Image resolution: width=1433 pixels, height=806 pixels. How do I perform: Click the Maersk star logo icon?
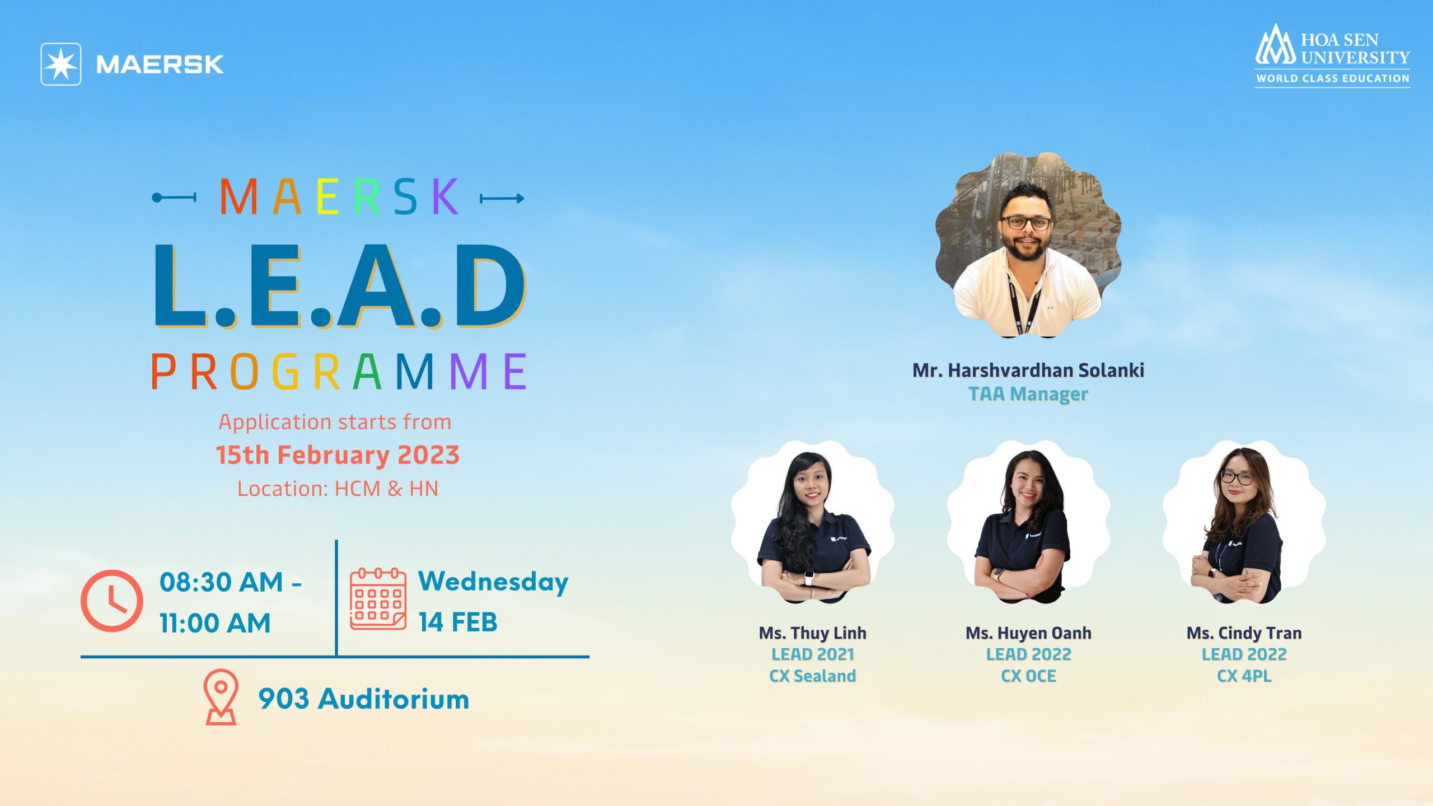coord(61,64)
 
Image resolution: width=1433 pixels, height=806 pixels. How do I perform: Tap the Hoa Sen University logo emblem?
coord(1276,45)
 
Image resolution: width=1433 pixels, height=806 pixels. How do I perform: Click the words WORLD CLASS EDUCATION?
coord(1333,78)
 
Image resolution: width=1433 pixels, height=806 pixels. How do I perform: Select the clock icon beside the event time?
coord(112,601)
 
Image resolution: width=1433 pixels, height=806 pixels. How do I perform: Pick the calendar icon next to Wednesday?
coord(378,599)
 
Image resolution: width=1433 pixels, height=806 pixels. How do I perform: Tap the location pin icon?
coord(221,697)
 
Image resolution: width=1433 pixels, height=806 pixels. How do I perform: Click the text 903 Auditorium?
coord(364,699)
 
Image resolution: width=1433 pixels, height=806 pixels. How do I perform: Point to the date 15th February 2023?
coord(338,454)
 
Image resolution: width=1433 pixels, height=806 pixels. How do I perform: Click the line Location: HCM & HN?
coord(338,489)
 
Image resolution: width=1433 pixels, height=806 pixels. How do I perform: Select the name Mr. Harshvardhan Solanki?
coord(1028,370)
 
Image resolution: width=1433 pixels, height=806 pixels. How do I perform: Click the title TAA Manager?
coord(1028,394)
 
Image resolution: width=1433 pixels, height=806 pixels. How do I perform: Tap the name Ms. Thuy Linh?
coord(813,633)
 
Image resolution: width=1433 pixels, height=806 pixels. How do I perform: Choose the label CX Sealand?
coord(813,676)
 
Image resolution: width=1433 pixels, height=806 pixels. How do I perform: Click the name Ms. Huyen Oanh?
coord(1028,633)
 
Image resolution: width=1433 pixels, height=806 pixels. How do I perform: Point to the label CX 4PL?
coord(1244,676)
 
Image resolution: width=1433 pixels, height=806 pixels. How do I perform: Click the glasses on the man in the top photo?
coord(1026,223)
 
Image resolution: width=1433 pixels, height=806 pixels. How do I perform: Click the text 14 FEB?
coord(458,622)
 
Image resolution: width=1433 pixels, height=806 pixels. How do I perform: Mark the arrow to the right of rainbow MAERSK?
coord(502,198)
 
